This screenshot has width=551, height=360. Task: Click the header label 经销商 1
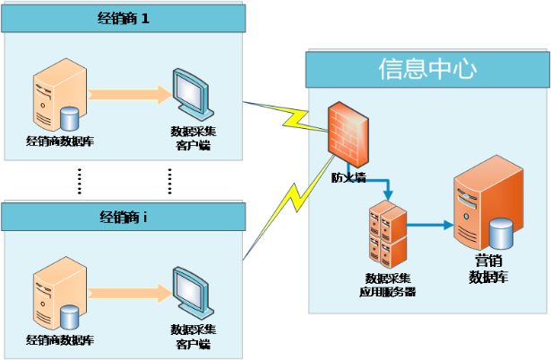124,19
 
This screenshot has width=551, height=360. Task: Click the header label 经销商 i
123,216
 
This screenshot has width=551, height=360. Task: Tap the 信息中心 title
427,69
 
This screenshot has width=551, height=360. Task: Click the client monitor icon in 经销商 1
193,95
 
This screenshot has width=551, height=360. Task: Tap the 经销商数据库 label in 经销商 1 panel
60,141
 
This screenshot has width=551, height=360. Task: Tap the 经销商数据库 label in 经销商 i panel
60,340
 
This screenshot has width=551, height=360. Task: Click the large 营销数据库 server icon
487,207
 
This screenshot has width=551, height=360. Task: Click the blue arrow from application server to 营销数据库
430,227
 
